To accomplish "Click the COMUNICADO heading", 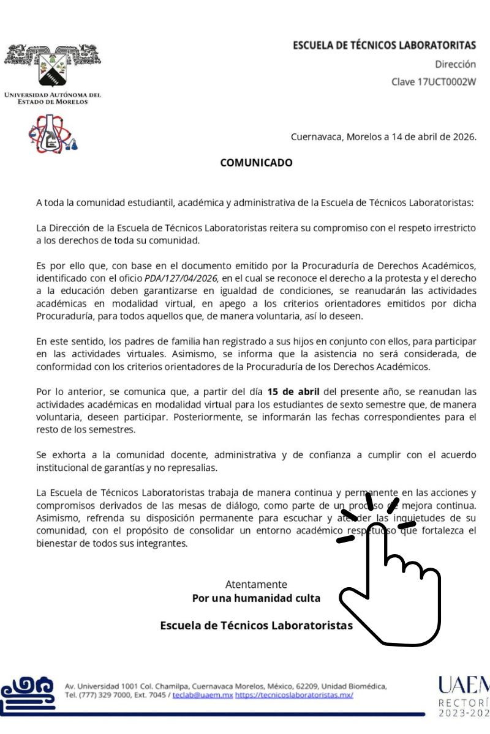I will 256,163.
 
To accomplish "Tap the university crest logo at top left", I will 53,66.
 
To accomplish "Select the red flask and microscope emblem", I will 53,135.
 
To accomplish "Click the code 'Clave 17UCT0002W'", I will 434,81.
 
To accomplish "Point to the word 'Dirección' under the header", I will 455,64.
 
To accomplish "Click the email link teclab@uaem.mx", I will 202,695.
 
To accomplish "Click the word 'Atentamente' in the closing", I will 256,584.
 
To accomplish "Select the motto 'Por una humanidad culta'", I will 256,598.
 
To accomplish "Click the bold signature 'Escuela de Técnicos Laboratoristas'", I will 256,625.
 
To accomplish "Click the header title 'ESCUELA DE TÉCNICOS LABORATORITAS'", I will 384,45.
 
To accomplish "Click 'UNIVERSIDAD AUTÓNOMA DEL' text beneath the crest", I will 53,95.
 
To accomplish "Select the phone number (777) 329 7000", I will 100,695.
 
